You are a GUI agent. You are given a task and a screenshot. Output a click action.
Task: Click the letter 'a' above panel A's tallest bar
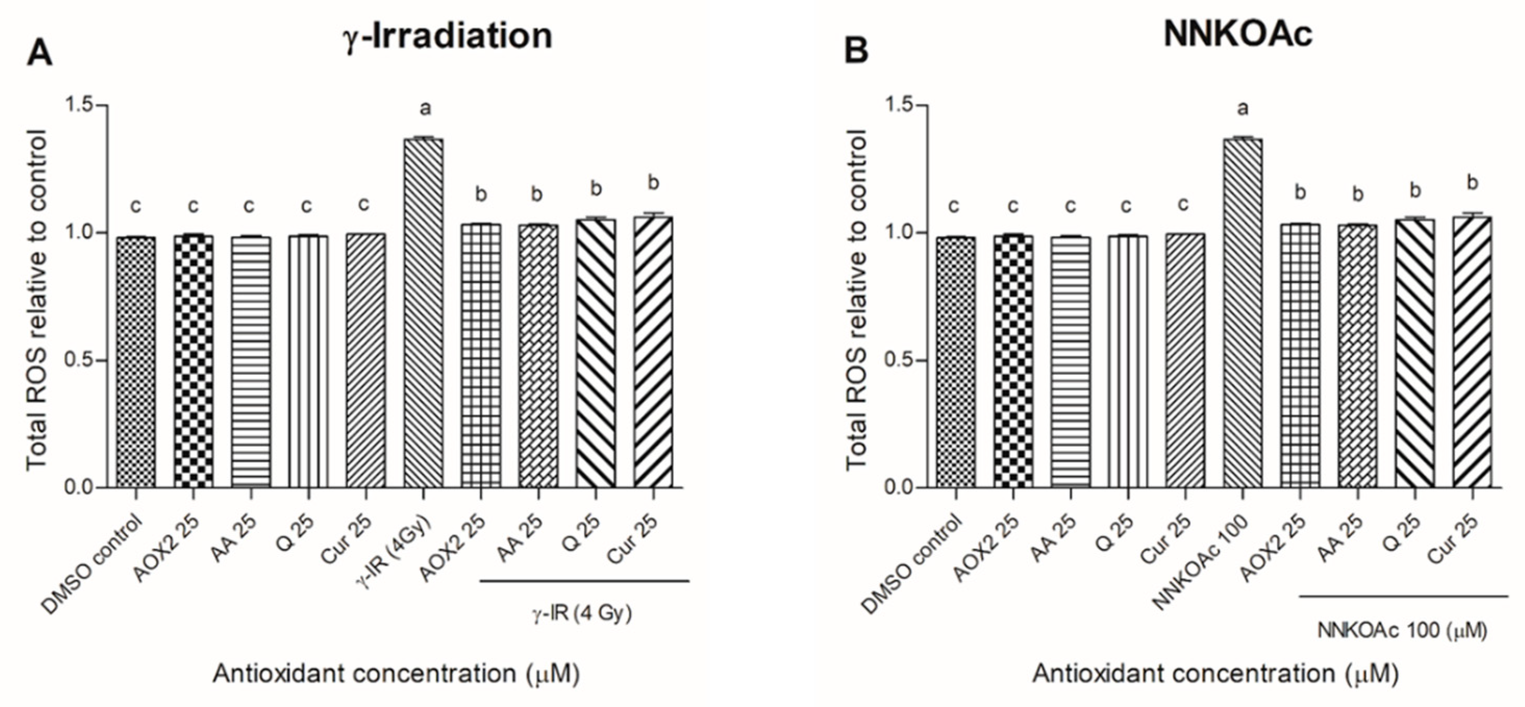(x=425, y=109)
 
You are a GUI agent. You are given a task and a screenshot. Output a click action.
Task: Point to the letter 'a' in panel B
(x=1243, y=109)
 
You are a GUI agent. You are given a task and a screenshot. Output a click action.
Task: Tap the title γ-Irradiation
(x=448, y=36)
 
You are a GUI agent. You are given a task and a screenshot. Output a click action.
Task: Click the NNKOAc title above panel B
(x=1238, y=34)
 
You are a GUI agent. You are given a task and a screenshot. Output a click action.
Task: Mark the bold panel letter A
(x=40, y=54)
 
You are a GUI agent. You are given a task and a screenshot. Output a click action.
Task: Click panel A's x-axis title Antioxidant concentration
(x=395, y=674)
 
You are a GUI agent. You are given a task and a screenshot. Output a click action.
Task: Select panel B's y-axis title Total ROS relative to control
(x=856, y=300)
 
